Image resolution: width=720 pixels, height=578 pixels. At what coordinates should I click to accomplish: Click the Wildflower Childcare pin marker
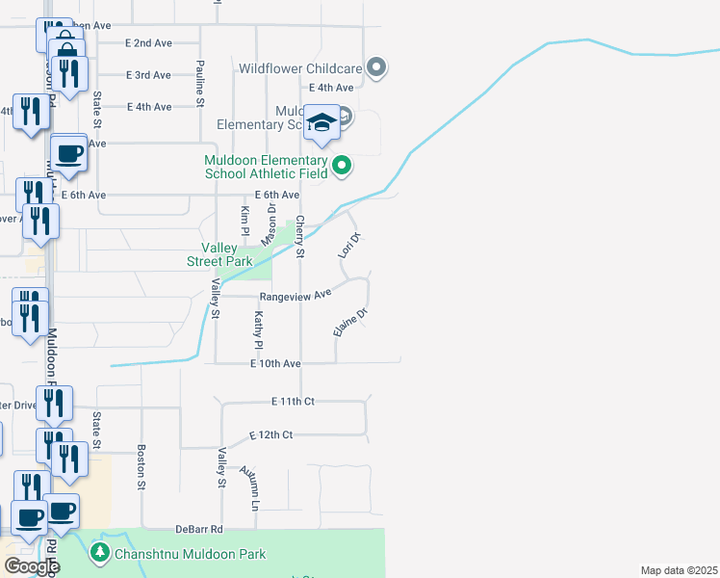pyautogui.click(x=377, y=67)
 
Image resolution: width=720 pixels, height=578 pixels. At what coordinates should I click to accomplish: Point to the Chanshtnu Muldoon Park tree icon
pyautogui.click(x=98, y=553)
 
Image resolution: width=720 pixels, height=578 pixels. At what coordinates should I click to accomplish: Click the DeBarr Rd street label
pyautogui.click(x=199, y=529)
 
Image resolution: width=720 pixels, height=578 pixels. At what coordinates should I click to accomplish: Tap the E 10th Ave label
pyautogui.click(x=276, y=364)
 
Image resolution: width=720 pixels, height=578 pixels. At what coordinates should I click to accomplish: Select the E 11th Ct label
pyautogui.click(x=294, y=401)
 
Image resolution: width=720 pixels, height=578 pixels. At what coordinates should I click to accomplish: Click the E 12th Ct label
pyautogui.click(x=270, y=435)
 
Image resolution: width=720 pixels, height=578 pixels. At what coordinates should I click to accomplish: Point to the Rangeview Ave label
pyautogui.click(x=295, y=294)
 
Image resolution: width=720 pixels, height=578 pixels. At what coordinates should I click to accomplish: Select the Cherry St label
pyautogui.click(x=300, y=236)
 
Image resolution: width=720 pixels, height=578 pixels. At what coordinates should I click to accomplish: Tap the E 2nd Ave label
pyautogui.click(x=148, y=43)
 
